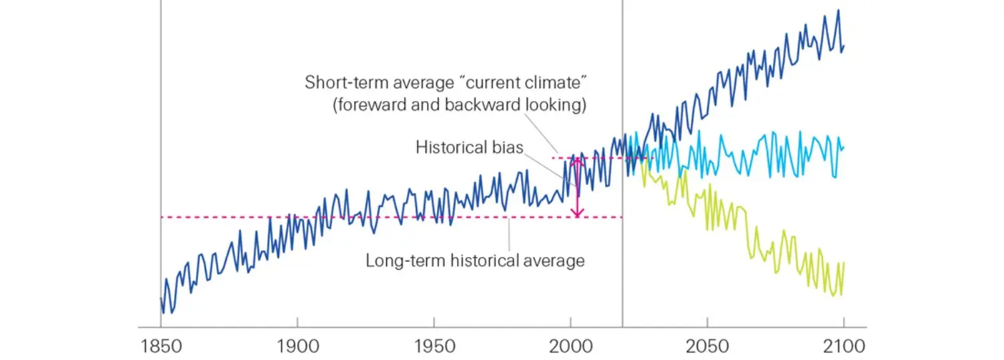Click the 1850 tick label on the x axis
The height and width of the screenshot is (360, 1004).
tap(161, 347)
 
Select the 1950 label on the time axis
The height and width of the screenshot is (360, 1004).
tap(434, 347)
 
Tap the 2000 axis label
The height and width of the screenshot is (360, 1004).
tap(570, 347)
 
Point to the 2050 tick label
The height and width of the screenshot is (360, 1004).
tap(707, 347)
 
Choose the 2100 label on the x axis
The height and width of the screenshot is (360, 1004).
tap(843, 347)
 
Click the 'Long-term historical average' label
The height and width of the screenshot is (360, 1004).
tap(475, 260)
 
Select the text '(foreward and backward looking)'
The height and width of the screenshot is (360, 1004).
tap(461, 106)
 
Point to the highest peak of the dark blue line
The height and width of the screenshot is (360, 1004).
tap(837, 10)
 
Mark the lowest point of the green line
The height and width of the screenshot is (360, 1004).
tap(833, 296)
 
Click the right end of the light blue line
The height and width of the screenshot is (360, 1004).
tap(843, 147)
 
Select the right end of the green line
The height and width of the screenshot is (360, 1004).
tap(843, 262)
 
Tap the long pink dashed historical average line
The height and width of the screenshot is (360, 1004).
tap(335, 217)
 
